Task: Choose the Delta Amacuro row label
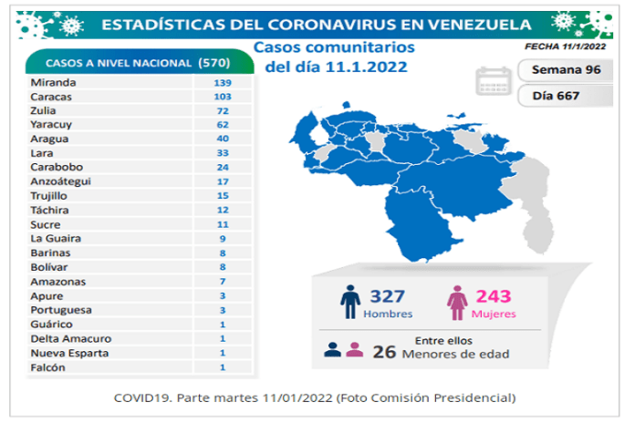pyautogui.click(x=61, y=338)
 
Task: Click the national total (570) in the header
pyautogui.click(x=215, y=63)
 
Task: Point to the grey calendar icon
pyautogui.click(x=491, y=80)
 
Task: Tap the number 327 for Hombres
pyautogui.click(x=388, y=296)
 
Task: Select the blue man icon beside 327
pyautogui.click(x=349, y=303)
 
